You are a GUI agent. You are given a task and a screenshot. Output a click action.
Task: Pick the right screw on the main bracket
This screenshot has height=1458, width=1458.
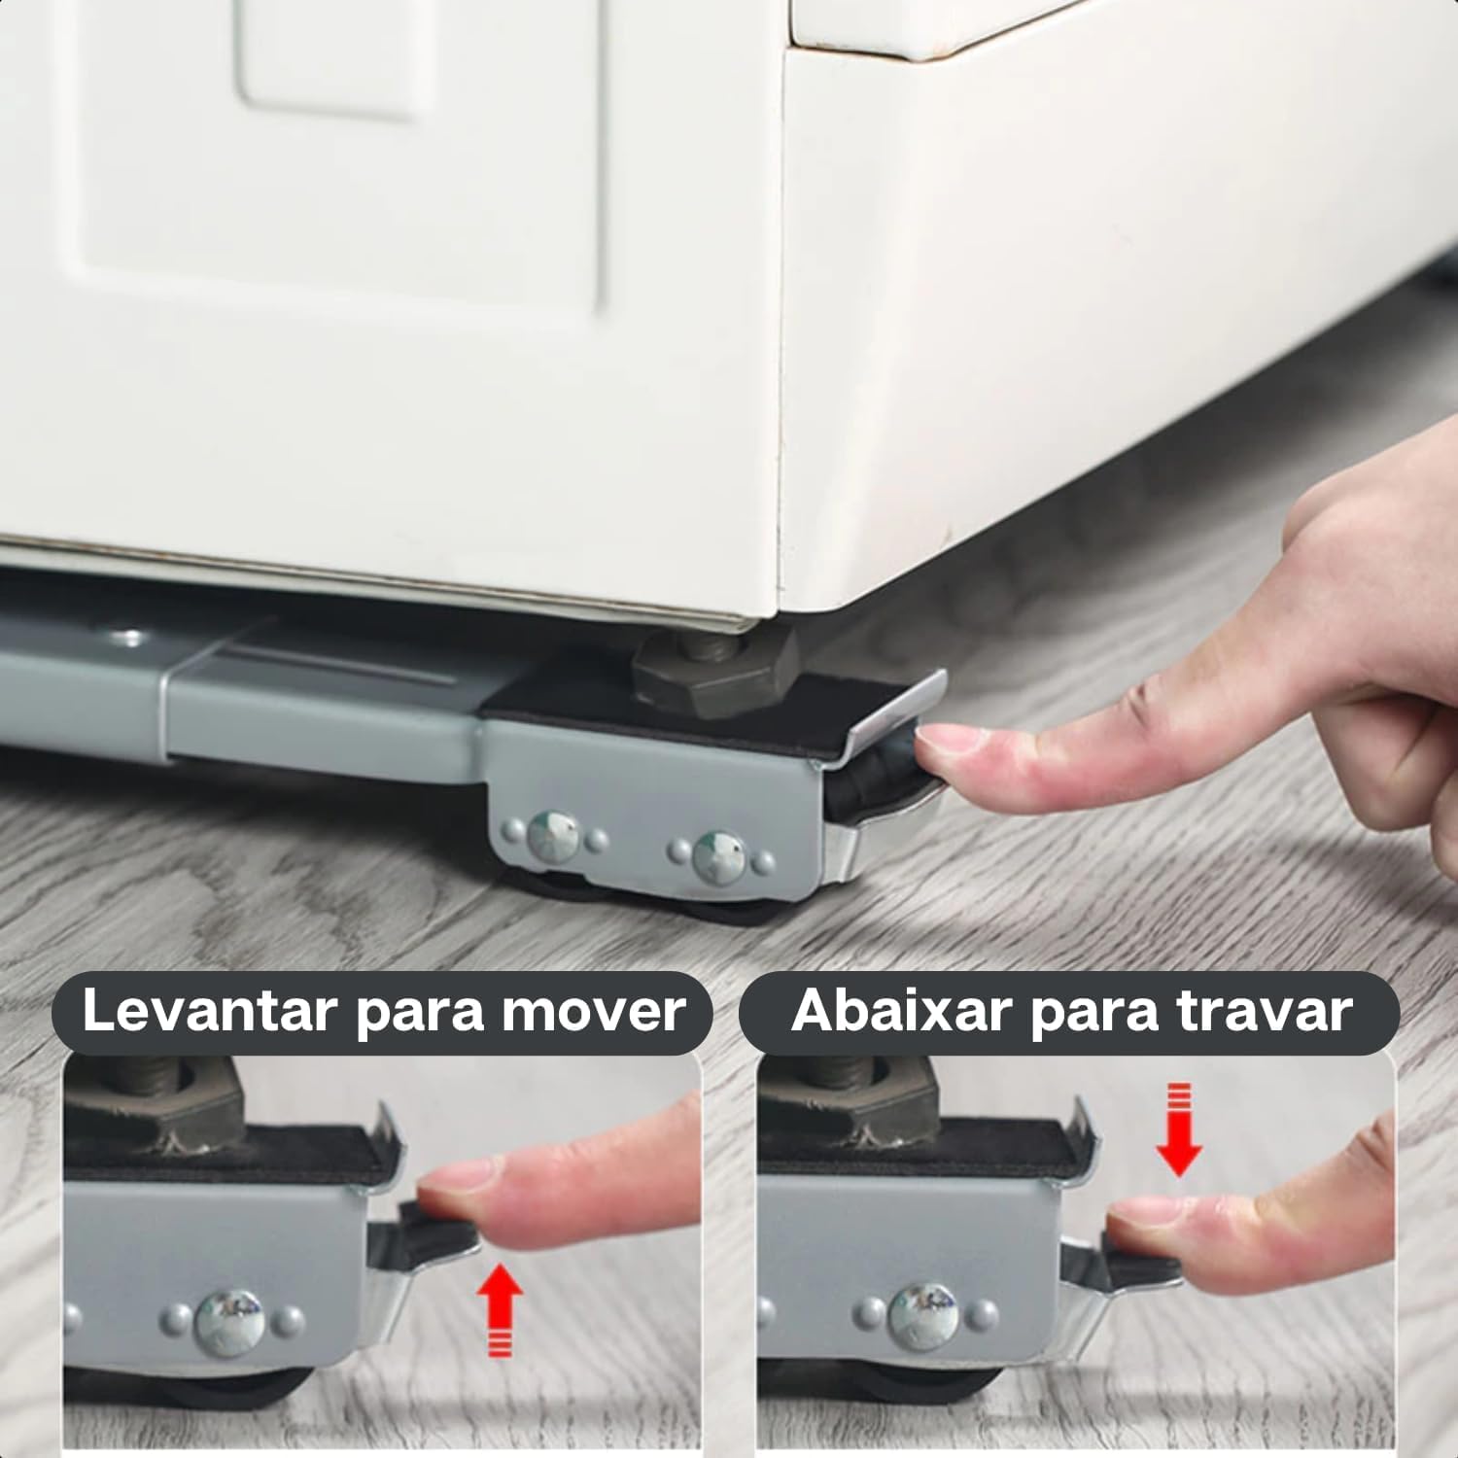tap(720, 855)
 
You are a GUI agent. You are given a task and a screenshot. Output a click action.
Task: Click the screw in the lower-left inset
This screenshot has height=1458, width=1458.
tap(230, 1320)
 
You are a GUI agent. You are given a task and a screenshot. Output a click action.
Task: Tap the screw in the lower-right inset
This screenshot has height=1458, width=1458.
tap(924, 1315)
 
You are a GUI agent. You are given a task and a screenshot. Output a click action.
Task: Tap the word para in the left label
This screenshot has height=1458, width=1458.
tap(420, 1013)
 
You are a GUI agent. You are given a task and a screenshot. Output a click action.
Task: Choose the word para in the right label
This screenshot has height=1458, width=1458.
tap(1094, 1013)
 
